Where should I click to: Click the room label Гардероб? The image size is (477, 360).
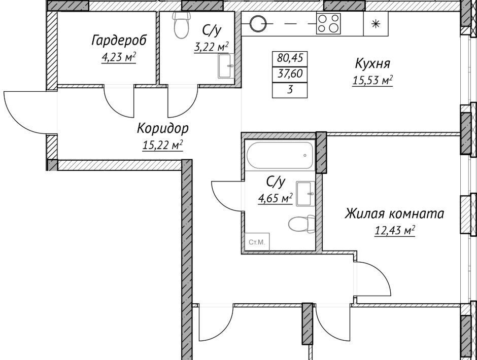[x=119, y=40]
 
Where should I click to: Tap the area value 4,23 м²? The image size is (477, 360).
[x=119, y=57]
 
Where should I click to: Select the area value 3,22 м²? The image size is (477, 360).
[x=212, y=47]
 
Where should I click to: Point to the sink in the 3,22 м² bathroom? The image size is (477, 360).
[x=226, y=66]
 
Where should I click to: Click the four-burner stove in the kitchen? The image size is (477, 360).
[x=328, y=24]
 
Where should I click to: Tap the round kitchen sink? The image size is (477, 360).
[x=258, y=23]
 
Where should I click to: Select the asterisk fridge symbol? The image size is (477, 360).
[x=377, y=24]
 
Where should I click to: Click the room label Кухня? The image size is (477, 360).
[x=372, y=64]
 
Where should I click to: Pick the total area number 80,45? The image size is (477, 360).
[x=290, y=58]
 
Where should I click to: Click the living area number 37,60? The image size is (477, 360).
[x=290, y=74]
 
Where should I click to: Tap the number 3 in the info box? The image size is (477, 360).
[x=290, y=90]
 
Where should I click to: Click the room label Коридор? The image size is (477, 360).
[x=163, y=128]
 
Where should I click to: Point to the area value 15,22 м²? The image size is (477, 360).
[x=162, y=145]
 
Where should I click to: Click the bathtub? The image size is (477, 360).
[x=280, y=155]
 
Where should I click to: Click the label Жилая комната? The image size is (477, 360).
[x=394, y=213]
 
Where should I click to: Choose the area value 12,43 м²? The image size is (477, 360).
[x=395, y=231]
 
